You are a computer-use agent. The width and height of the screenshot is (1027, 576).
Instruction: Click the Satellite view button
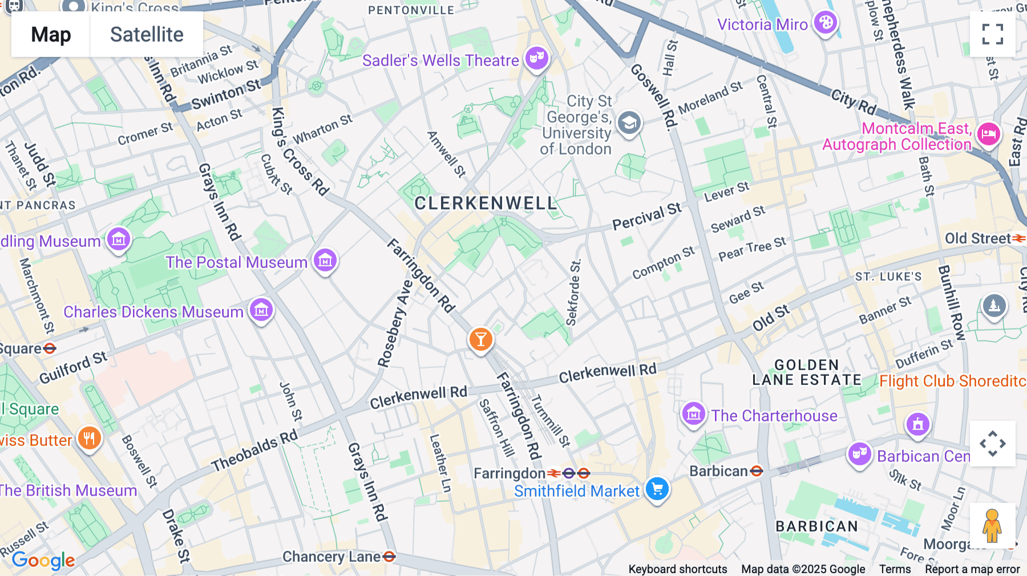(x=147, y=35)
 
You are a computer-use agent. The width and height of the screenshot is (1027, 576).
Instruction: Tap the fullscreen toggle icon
(x=992, y=34)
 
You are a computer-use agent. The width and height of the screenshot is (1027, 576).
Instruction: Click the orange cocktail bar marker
(x=480, y=339)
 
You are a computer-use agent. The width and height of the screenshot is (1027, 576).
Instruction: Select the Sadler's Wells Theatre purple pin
(x=536, y=58)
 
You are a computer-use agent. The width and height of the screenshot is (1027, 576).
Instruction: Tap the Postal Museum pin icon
(x=325, y=261)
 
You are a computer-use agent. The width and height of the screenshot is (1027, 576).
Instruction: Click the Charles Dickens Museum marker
(x=261, y=310)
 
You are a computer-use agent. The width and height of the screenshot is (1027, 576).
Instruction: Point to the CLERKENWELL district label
(x=486, y=203)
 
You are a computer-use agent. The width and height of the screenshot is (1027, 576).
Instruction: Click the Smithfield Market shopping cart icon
(x=657, y=489)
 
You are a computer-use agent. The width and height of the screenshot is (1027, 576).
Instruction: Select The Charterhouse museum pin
(x=694, y=413)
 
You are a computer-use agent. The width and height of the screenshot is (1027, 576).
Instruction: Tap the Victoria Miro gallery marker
(x=825, y=23)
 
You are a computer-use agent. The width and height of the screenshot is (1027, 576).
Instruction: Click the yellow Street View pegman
(x=992, y=525)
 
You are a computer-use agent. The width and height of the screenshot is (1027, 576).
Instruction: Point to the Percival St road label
(x=647, y=217)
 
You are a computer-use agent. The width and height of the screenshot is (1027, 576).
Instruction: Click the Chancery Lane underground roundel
(x=389, y=556)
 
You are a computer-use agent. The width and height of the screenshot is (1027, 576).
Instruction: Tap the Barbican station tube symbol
(x=757, y=471)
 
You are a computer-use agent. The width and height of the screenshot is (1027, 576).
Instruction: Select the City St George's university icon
(x=629, y=123)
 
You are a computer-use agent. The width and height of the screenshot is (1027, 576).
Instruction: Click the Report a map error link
(x=972, y=569)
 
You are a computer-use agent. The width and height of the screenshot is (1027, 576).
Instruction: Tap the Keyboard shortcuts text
(x=677, y=569)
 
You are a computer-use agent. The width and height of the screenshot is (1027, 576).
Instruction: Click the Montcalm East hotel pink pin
(x=988, y=135)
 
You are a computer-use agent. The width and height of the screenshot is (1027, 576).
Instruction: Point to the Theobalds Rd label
(x=254, y=451)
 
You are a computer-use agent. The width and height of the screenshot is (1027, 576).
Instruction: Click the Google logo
(x=43, y=561)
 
